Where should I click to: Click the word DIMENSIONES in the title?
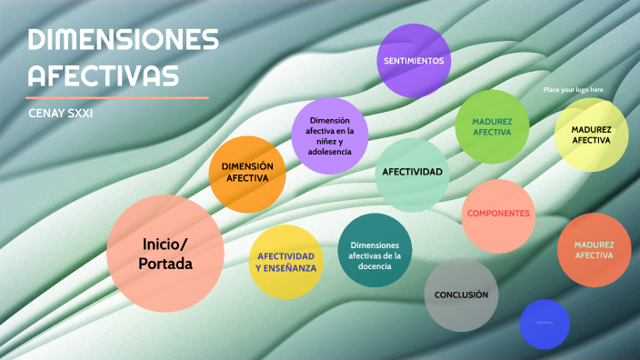[124, 41]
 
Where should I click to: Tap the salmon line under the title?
[117, 96]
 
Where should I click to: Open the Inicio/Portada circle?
[165, 253]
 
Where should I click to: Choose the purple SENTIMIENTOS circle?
[414, 61]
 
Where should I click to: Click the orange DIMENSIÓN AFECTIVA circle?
[247, 173]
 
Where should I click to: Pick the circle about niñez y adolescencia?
[329, 135]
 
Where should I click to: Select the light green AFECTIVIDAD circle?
[412, 173]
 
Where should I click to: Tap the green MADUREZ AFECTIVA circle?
[492, 126]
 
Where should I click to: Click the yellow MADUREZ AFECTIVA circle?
[591, 135]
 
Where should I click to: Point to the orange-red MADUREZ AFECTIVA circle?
[594, 250]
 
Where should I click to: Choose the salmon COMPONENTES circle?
[497, 215]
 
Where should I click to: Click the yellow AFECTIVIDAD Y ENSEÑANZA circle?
[285, 262]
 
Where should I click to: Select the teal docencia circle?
[375, 250]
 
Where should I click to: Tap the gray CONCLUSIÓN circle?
[461, 295]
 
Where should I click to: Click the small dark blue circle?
[544, 323]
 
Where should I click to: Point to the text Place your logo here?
[573, 90]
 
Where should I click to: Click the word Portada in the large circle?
[165, 264]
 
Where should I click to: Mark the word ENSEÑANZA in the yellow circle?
[285, 268]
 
